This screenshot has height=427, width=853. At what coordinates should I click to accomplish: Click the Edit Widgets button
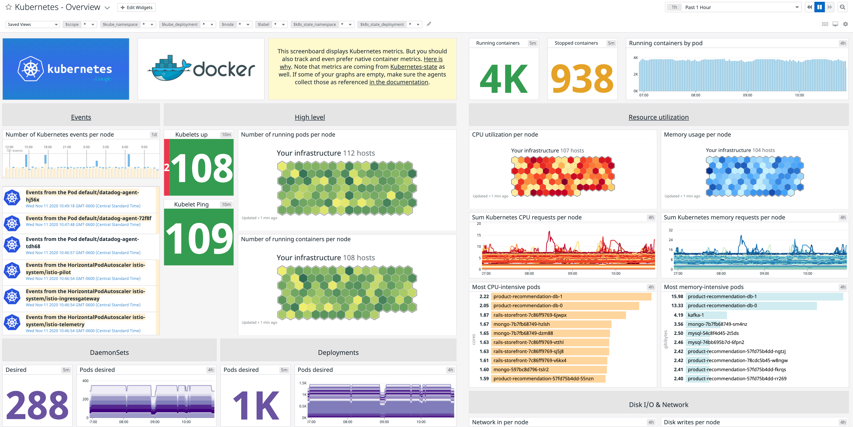tap(136, 7)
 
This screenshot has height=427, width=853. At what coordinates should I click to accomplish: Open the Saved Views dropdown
tap(32, 25)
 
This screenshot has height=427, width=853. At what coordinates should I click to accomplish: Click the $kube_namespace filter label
tap(120, 25)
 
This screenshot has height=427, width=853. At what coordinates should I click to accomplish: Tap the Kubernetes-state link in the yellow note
tap(413, 67)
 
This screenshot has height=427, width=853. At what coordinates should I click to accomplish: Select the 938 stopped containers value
tap(582, 79)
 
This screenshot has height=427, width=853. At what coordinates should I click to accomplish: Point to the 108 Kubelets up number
tap(202, 168)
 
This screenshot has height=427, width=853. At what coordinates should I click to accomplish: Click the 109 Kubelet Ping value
tap(199, 238)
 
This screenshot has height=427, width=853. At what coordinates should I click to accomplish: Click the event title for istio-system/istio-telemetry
tap(85, 321)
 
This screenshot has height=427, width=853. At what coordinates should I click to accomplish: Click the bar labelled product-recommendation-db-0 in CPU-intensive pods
tap(565, 306)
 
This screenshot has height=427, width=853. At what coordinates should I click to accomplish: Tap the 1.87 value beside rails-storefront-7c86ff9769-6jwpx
tap(484, 315)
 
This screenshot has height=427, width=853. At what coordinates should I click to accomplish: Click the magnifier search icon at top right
tap(842, 7)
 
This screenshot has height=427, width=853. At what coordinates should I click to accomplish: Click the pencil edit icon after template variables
tap(429, 24)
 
